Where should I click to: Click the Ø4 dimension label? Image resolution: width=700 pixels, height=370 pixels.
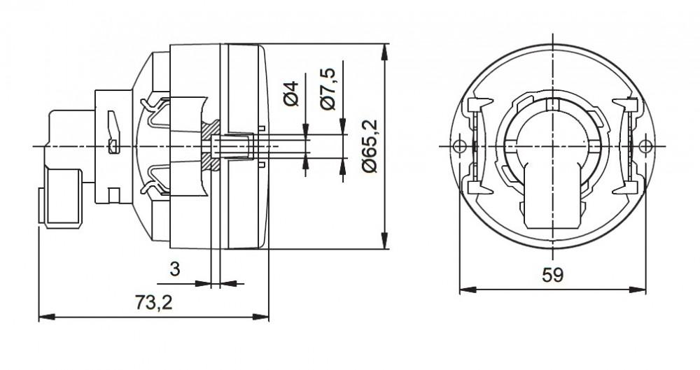point(293,94)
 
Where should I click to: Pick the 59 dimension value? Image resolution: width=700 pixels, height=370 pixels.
point(552,275)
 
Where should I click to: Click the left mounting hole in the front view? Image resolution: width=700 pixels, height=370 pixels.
point(459,146)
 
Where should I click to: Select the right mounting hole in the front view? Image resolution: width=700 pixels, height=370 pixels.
point(645,146)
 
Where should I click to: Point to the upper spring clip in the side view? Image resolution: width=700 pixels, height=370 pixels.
point(157,108)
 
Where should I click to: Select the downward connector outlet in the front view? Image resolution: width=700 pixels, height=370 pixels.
point(552,203)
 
